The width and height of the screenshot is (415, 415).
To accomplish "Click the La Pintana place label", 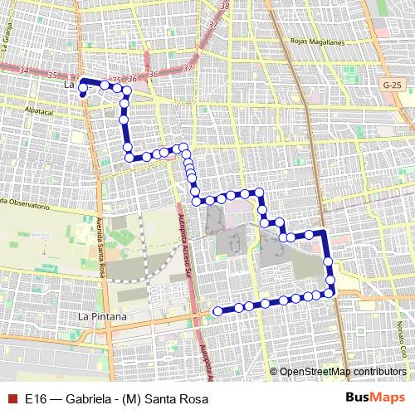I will click(101, 317).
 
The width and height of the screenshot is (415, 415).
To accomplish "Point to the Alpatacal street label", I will click(39, 110).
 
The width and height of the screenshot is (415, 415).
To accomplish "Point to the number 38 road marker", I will click(225, 7).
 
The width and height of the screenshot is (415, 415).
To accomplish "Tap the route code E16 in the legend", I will click(35, 399).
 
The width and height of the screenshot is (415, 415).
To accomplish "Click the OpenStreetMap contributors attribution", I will click(343, 372).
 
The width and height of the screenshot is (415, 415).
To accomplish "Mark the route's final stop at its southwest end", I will click(217, 311).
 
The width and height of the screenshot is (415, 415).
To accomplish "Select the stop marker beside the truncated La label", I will click(83, 94).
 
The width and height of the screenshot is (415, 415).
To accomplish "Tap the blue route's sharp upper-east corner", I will click(325, 232).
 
